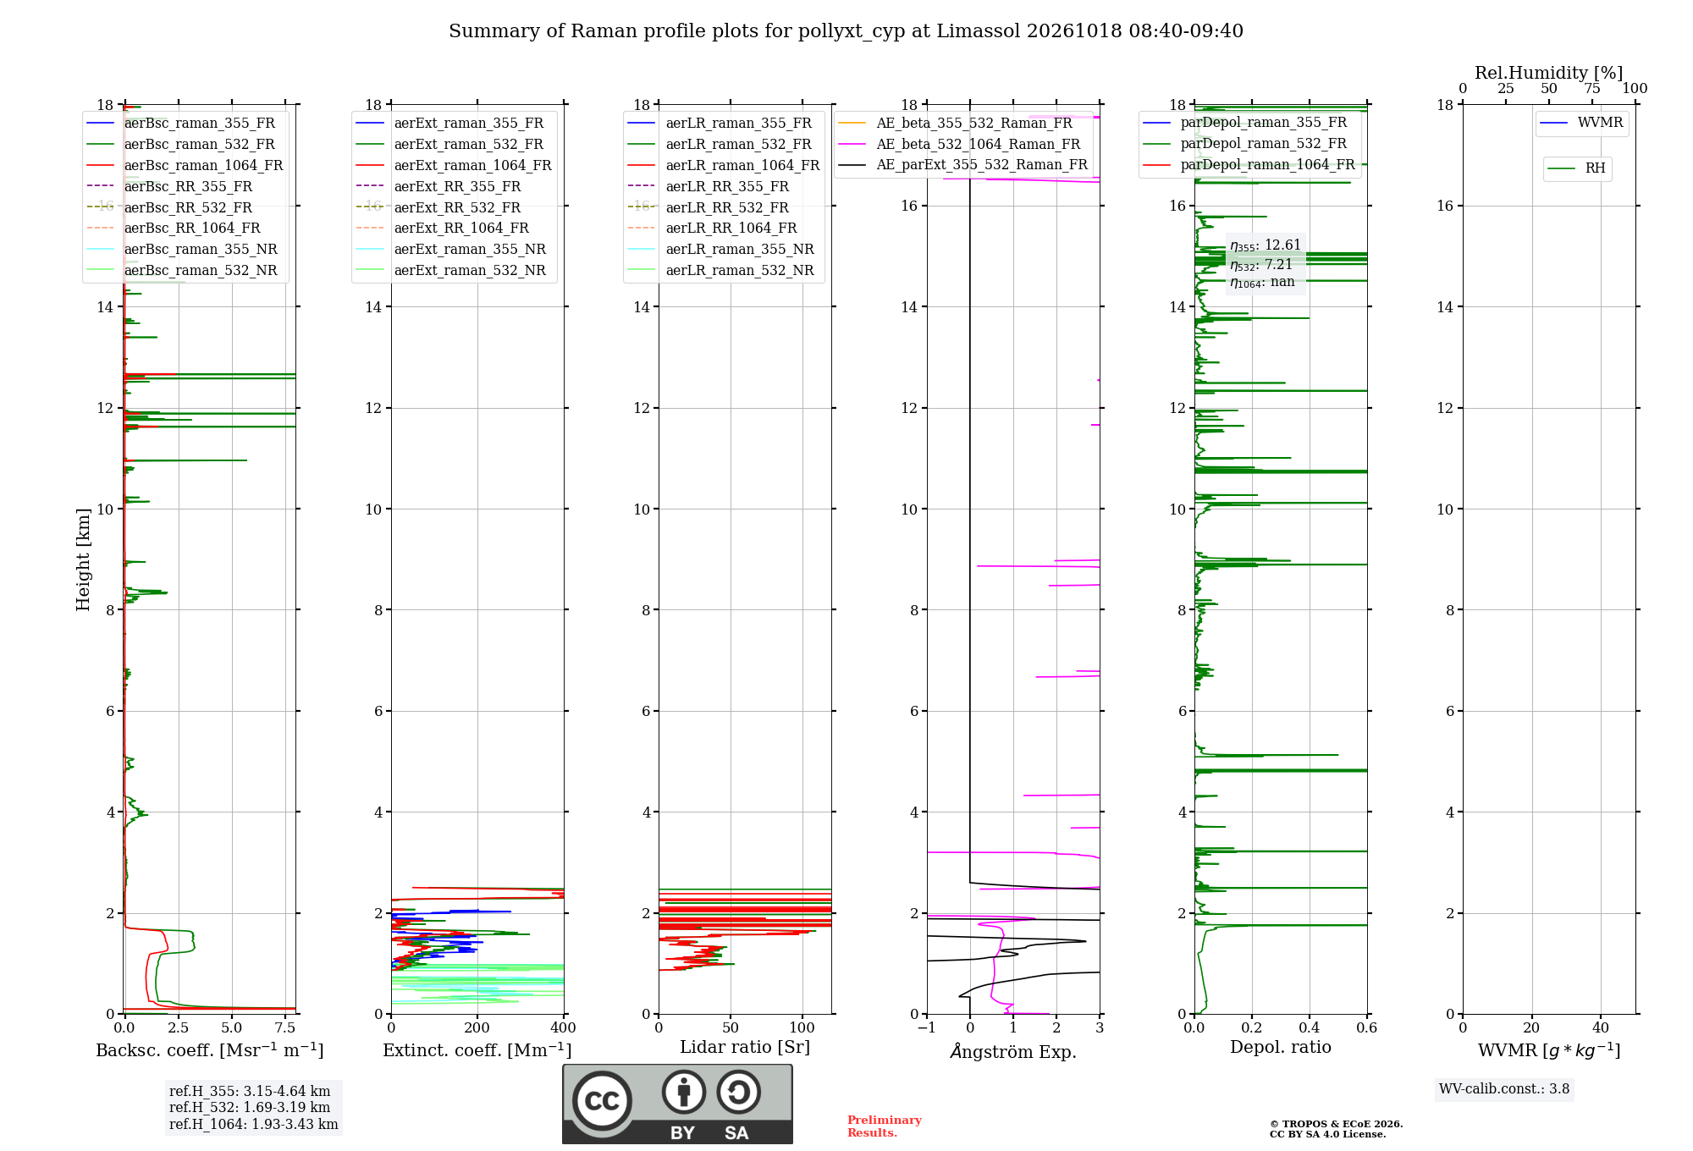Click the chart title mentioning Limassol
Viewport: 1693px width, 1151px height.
[x=846, y=31]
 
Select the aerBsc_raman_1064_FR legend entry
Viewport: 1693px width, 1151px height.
[x=185, y=165]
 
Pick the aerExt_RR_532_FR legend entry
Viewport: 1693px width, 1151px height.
[x=438, y=207]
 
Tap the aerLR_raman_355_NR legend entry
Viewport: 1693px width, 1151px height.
[x=720, y=249]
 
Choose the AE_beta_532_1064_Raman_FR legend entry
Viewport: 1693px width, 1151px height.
[x=959, y=144]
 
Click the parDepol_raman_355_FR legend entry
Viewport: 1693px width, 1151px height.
[x=1244, y=123]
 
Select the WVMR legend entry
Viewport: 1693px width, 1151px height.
[x=1581, y=123]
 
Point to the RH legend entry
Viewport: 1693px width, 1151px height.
[x=1576, y=168]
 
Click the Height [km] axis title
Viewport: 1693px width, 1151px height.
[x=83, y=559]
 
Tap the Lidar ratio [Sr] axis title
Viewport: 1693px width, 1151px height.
[x=745, y=1047]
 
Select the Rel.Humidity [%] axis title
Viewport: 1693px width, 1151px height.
[x=1549, y=73]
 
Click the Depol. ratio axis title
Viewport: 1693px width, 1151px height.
[x=1281, y=1047]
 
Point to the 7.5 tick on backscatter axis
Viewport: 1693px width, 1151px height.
[x=285, y=1027]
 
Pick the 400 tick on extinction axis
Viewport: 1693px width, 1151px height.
[x=564, y=1027]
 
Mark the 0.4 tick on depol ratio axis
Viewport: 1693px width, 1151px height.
[x=1310, y=1027]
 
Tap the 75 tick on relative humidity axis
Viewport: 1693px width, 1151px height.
[x=1592, y=88]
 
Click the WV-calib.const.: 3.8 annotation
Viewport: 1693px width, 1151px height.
[x=1504, y=1089]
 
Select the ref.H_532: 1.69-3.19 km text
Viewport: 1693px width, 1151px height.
[x=250, y=1107]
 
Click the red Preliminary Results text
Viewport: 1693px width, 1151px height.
[x=885, y=1126]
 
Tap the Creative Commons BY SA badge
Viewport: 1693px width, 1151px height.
[x=677, y=1104]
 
